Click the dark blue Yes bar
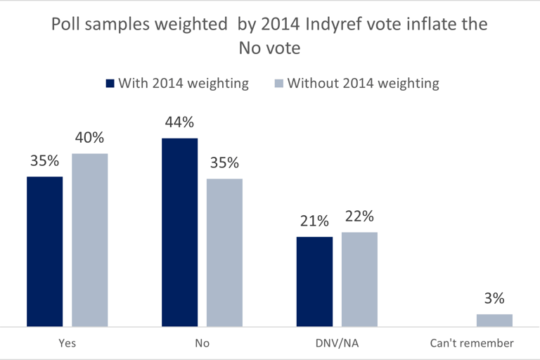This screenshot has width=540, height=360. [45, 252]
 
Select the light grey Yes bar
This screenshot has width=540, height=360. [90, 240]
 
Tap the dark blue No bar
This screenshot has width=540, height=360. [180, 233]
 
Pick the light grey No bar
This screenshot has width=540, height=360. [224, 253]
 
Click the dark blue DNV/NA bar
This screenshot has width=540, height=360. [314, 282]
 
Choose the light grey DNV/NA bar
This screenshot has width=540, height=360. [359, 279]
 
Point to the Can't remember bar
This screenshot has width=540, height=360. [494, 321]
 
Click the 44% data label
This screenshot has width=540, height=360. [179, 123]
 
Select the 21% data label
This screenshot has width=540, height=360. [314, 221]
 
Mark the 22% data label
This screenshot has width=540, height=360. [359, 217]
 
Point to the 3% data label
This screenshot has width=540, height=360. [494, 300]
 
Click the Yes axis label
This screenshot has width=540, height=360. [67, 344]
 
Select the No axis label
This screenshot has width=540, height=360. [202, 344]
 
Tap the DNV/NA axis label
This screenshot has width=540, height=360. [337, 344]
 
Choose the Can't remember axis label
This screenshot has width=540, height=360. [472, 344]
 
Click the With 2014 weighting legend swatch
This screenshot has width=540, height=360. [110, 84]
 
